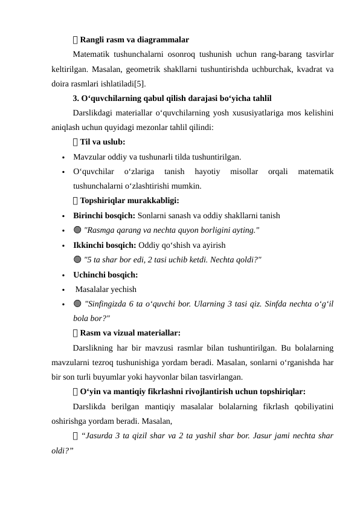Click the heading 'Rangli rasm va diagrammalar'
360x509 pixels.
click(x=133, y=40)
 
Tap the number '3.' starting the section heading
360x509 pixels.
click(x=76, y=98)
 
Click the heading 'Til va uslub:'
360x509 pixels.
click(x=102, y=142)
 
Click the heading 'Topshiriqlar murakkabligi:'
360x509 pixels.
click(x=129, y=201)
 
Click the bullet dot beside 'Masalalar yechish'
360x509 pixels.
click(x=63, y=290)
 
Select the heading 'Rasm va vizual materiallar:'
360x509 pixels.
click(x=129, y=332)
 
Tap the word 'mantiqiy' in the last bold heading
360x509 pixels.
click(x=137, y=391)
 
